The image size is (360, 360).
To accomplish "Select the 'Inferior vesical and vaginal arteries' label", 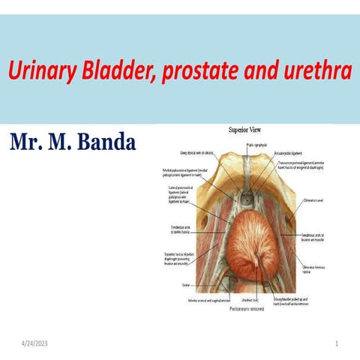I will (207, 301).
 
